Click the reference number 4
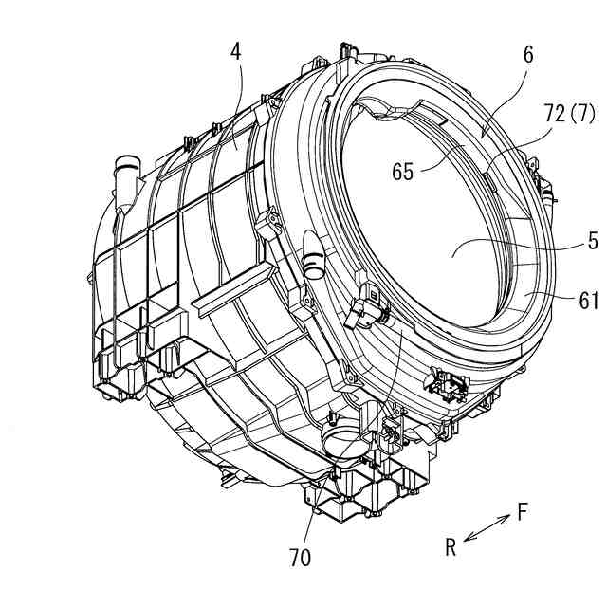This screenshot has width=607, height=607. [x=235, y=51]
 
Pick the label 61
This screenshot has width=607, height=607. [x=587, y=301]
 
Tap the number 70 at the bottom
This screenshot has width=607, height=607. [x=300, y=558]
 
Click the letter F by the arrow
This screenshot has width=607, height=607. [x=523, y=513]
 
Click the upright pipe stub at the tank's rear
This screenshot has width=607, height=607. [x=125, y=175]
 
